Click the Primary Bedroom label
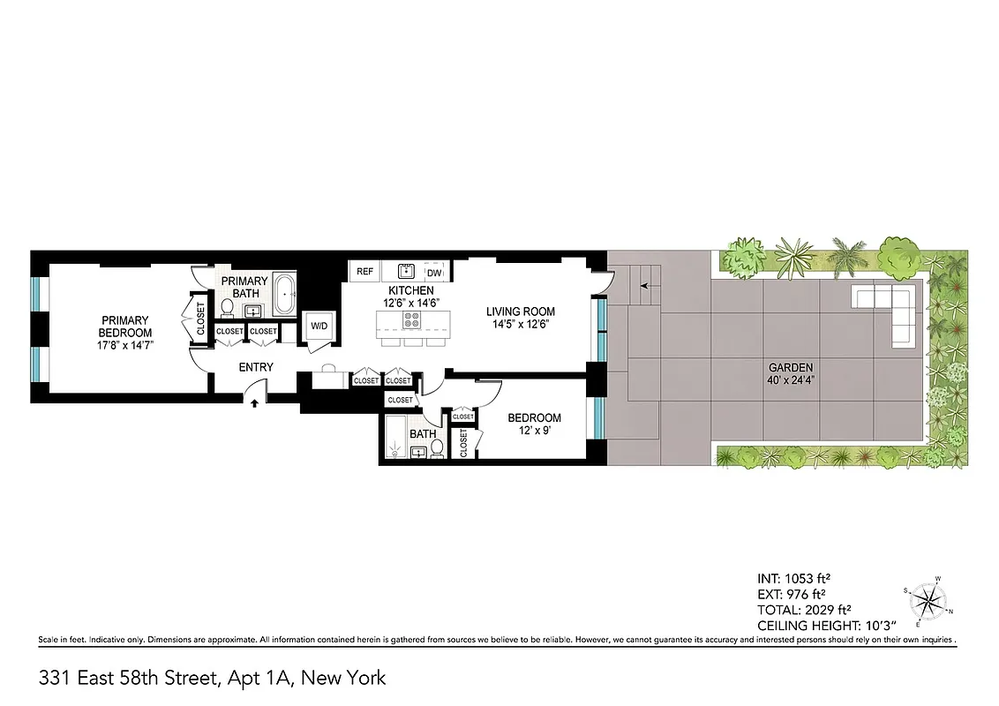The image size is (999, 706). [124, 326]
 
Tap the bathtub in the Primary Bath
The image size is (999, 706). [285, 296]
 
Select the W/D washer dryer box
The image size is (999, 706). [317, 326]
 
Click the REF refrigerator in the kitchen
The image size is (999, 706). [364, 272]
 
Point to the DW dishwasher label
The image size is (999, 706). [434, 273]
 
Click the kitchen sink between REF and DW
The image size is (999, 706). [407, 271]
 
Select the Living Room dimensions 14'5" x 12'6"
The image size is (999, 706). [522, 324]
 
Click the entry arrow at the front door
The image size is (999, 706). [255, 402]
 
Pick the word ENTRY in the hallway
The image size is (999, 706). [256, 367]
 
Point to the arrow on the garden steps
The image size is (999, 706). [644, 286]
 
